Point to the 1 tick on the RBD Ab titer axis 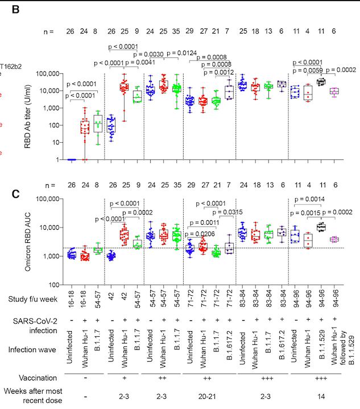[60, 160]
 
